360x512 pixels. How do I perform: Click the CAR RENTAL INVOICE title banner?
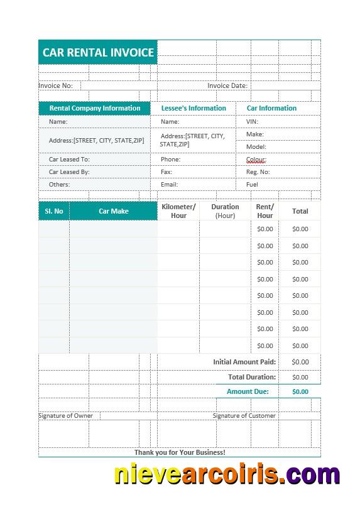pyautogui.click(x=98, y=53)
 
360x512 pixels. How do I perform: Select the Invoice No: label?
pyautogui.click(x=56, y=85)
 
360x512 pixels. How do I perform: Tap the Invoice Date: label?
pyautogui.click(x=227, y=85)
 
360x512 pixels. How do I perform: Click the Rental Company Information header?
pyautogui.click(x=95, y=108)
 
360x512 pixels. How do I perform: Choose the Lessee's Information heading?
pyautogui.click(x=194, y=108)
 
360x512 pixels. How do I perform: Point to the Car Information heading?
pyautogui.click(x=271, y=108)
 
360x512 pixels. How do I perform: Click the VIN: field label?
pyautogui.click(x=252, y=122)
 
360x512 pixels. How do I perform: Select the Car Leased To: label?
pyautogui.click(x=69, y=160)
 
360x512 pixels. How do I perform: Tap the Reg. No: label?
pyautogui.click(x=258, y=172)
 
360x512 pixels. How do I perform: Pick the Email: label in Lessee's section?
pyautogui.click(x=169, y=185)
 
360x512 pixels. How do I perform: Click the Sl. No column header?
pyautogui.click(x=54, y=211)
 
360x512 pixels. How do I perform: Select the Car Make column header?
pyautogui.click(x=113, y=211)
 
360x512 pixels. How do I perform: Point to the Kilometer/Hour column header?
pyautogui.click(x=178, y=211)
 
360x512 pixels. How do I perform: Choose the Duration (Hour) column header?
pyautogui.click(x=225, y=211)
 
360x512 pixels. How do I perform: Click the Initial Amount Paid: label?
pyautogui.click(x=244, y=362)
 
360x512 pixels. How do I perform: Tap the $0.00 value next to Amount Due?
pyautogui.click(x=300, y=391)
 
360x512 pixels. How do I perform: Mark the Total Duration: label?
pyautogui.click(x=252, y=377)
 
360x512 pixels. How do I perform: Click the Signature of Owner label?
pyautogui.click(x=66, y=416)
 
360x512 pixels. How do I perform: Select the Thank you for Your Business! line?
pyautogui.click(x=180, y=452)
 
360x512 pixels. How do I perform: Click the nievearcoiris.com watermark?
pyautogui.click(x=227, y=475)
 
